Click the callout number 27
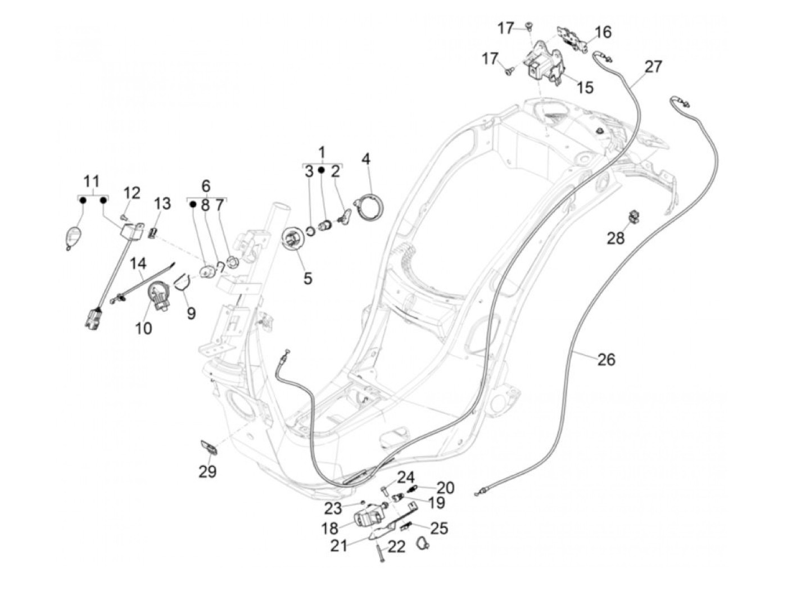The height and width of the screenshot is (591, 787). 653,66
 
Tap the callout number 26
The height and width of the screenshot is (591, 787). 606,359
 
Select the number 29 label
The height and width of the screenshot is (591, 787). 207,471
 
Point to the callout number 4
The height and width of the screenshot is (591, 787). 366,159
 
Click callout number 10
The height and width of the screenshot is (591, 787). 143,328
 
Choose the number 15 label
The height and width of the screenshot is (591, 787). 585,88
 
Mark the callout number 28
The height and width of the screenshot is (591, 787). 616,238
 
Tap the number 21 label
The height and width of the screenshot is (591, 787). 339,545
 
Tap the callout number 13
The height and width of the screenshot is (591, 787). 162,203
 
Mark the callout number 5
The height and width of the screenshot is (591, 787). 307,278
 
